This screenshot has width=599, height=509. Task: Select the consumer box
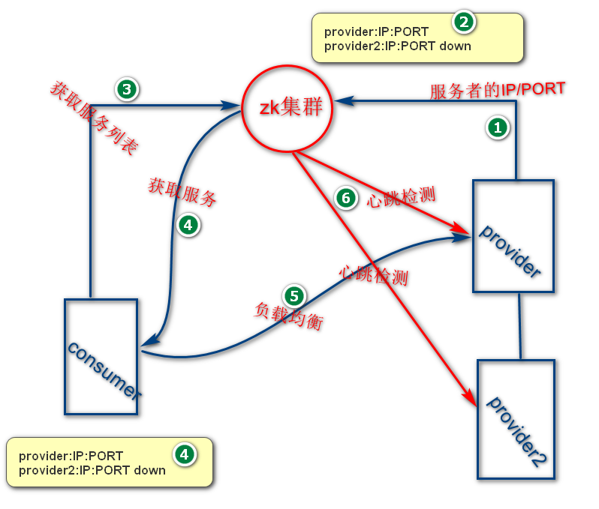pyautogui.click(x=101, y=357)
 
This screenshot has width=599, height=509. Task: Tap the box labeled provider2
pyautogui.click(x=516, y=419)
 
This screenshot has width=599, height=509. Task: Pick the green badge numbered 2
pyautogui.click(x=464, y=22)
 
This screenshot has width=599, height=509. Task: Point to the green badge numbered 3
pyautogui.click(x=126, y=89)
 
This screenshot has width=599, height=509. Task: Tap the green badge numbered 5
pyautogui.click(x=293, y=295)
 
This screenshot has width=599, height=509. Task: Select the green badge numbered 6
pyautogui.click(x=345, y=198)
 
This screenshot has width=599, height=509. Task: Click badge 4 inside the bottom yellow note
pyautogui.click(x=184, y=454)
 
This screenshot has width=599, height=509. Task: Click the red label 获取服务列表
pyautogui.click(x=94, y=118)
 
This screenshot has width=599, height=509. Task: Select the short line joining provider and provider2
pyautogui.click(x=519, y=325)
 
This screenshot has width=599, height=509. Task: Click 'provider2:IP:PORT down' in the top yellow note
pyautogui.click(x=397, y=46)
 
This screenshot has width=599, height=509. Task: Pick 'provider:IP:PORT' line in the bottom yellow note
pyautogui.click(x=71, y=456)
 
